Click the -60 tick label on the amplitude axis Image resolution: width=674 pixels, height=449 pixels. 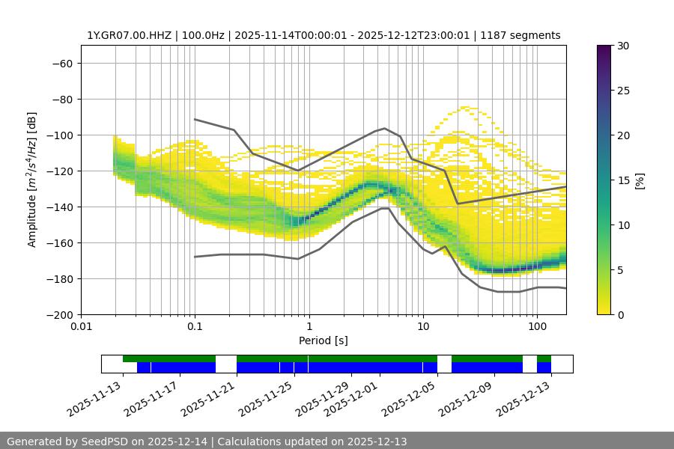pyautogui.click(x=61, y=63)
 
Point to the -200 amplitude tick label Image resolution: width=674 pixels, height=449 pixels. pyautogui.click(x=58, y=314)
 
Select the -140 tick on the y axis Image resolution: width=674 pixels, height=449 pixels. pyautogui.click(x=58, y=207)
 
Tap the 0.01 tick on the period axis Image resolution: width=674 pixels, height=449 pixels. pyautogui.click(x=81, y=327)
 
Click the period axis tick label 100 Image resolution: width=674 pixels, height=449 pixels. pyautogui.click(x=537, y=327)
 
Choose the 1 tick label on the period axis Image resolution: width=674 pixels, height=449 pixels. pyautogui.click(x=309, y=327)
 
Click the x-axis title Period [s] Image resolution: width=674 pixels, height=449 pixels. pyautogui.click(x=324, y=340)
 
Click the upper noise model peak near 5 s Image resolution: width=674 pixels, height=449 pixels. pyautogui.click(x=385, y=128)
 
